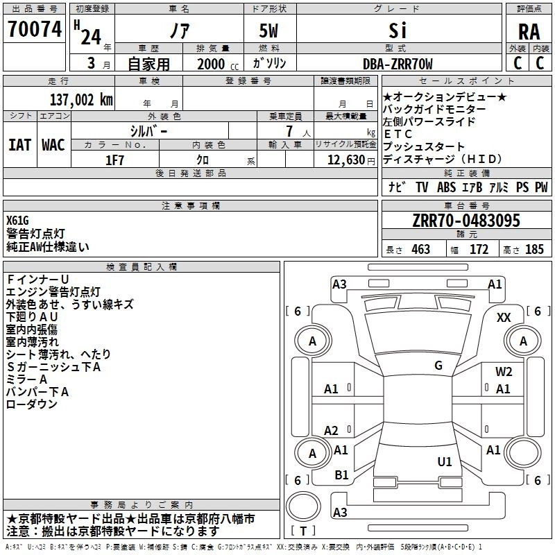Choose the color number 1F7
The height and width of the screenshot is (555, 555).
pos(114,160)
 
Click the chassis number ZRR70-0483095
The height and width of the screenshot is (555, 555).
pos(466,221)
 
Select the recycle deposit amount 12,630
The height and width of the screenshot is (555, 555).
pos(345,160)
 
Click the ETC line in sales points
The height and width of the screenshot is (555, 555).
pos(398,134)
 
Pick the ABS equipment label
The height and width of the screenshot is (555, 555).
pos(446,187)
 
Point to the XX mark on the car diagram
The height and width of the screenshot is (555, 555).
pos(504,317)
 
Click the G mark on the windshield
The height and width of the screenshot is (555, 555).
pos(438,365)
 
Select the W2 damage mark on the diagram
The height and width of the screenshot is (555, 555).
pos(504,372)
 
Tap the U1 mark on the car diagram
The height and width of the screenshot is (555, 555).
pos(445,461)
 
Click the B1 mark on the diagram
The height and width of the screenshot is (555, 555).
pos(341,475)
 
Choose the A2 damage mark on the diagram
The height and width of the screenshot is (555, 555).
pos(332,430)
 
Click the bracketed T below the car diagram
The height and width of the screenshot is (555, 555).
pos(302,532)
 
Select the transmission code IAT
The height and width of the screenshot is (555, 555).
pos(19,144)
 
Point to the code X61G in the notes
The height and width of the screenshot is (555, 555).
pos(18,221)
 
